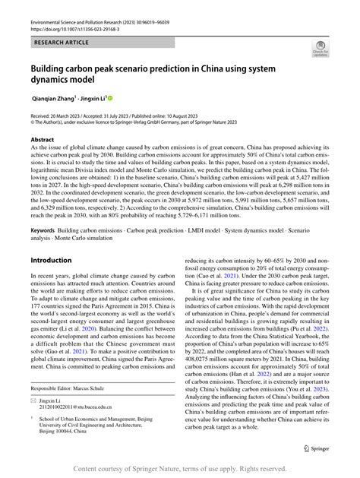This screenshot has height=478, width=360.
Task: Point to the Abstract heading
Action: point(43,140)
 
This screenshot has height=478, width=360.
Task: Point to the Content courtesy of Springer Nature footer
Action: point(180,469)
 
